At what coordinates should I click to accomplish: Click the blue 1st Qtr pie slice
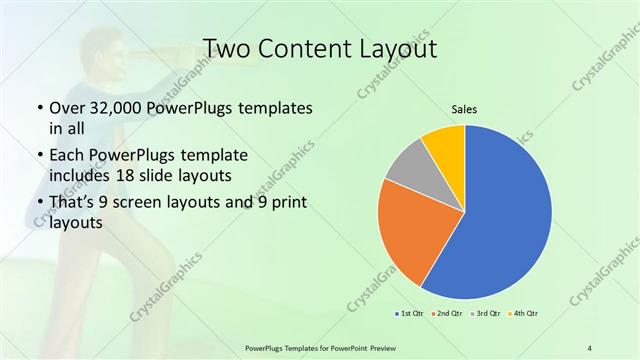[x=505, y=215]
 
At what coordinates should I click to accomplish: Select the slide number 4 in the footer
[x=590, y=347]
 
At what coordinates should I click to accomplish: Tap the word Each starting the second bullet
[x=66, y=156]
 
